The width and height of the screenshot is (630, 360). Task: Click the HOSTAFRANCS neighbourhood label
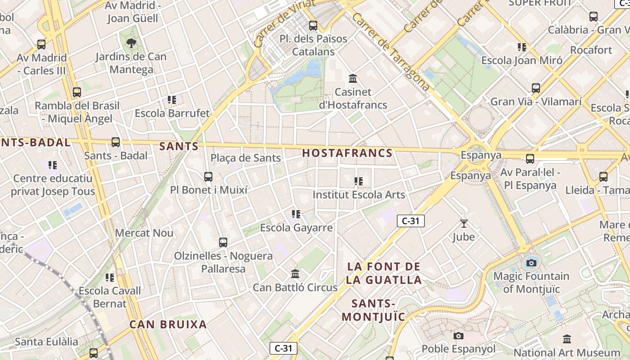(347, 153)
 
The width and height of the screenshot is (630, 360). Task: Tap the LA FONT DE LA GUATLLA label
(384, 273)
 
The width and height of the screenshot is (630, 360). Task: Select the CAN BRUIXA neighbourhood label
(168, 324)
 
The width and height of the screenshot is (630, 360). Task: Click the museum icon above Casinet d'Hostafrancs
(353, 79)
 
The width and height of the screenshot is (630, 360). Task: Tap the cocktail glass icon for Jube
(463, 223)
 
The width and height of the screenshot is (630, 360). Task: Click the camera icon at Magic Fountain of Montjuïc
(531, 263)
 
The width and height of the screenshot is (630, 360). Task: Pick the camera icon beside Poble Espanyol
(458, 336)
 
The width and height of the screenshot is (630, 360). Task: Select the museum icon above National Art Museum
(567, 339)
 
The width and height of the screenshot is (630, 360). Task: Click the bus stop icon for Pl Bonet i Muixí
(208, 177)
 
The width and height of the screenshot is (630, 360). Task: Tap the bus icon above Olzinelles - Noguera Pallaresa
(223, 243)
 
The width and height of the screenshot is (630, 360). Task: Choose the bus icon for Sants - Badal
(116, 142)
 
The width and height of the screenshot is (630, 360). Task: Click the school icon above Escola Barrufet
(171, 100)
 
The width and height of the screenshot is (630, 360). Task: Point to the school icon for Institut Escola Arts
(359, 181)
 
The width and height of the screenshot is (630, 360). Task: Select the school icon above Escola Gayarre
(296, 214)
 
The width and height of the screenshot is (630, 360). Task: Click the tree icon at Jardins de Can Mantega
(131, 43)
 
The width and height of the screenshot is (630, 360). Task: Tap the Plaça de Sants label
(246, 158)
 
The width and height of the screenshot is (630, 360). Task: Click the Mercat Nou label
(144, 233)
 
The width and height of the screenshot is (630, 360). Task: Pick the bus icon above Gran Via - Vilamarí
(535, 88)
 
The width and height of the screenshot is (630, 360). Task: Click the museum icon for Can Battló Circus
(295, 274)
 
